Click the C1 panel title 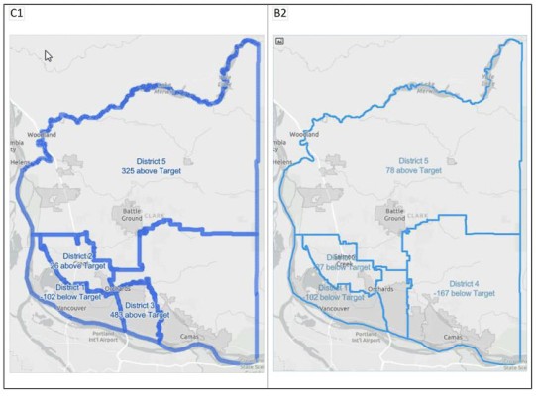[x=17, y=14]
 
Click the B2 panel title [x=282, y=14]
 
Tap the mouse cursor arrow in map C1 [x=48, y=56]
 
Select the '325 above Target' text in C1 [x=161, y=170]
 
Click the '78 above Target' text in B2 [x=413, y=170]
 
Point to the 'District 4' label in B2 [x=463, y=284]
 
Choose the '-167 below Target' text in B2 [x=464, y=294]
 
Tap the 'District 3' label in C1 [x=141, y=306]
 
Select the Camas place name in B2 [x=452, y=337]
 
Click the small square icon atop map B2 [x=280, y=42]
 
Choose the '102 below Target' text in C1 [x=73, y=297]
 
